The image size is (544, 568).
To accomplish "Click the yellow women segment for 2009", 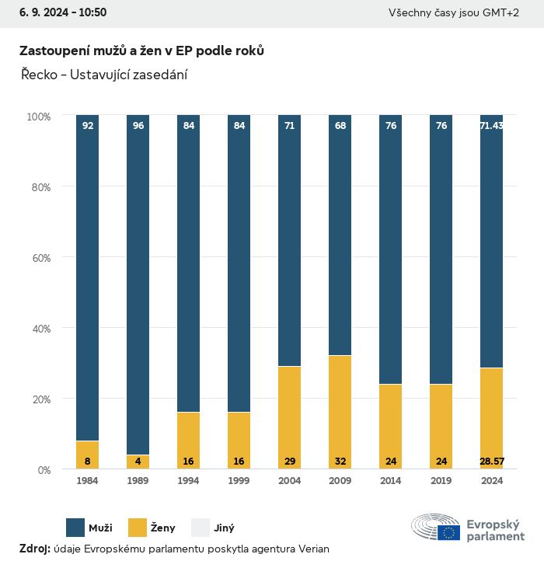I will click(x=340, y=412).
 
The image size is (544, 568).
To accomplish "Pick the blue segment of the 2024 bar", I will click(x=491, y=241).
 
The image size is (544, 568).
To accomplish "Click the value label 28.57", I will click(x=491, y=462).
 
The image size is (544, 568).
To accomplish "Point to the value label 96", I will click(x=138, y=126).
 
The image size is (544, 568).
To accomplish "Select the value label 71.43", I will click(x=491, y=126).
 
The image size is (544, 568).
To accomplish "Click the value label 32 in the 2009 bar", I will click(x=340, y=462).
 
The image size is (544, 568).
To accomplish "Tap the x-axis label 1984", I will click(x=88, y=481).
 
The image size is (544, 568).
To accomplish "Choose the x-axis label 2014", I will click(x=390, y=481).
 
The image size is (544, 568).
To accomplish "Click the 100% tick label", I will click(x=39, y=117).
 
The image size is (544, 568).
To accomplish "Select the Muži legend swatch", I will click(x=75, y=528).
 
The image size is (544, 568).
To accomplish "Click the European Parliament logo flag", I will click(x=448, y=532).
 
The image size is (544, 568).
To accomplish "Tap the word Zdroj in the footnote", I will click(x=34, y=549).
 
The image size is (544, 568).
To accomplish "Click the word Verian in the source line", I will click(x=314, y=549).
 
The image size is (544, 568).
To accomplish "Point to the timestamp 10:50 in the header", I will click(x=92, y=12).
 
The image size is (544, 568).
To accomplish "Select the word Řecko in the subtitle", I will click(x=36, y=75).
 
